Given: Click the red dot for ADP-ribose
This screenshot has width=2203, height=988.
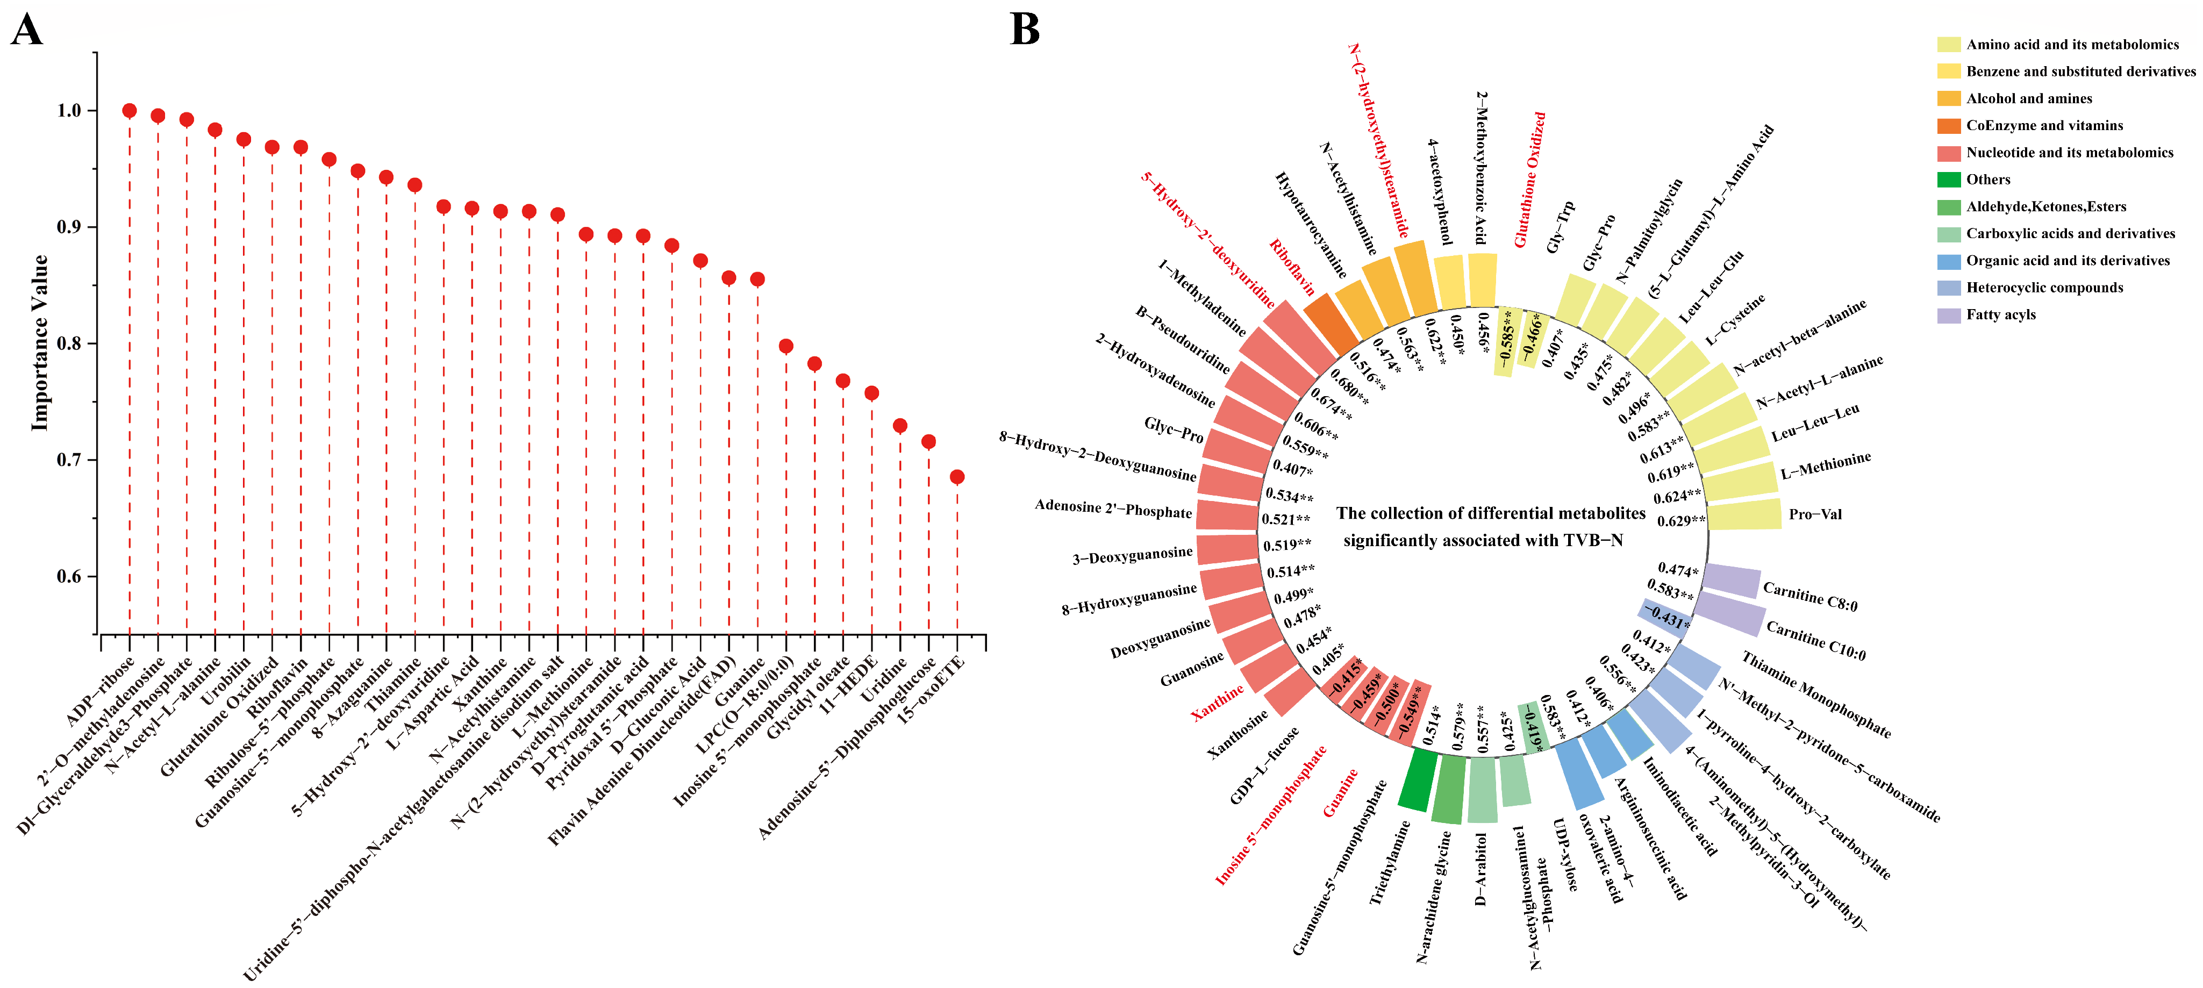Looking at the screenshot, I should point(129,110).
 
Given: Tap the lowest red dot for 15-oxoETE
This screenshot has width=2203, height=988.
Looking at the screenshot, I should point(957,476).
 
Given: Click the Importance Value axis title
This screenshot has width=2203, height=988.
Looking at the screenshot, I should point(39,343).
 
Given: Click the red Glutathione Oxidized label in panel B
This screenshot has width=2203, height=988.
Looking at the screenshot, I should point(1530,180).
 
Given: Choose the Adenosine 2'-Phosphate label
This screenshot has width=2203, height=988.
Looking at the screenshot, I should point(1113,509).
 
